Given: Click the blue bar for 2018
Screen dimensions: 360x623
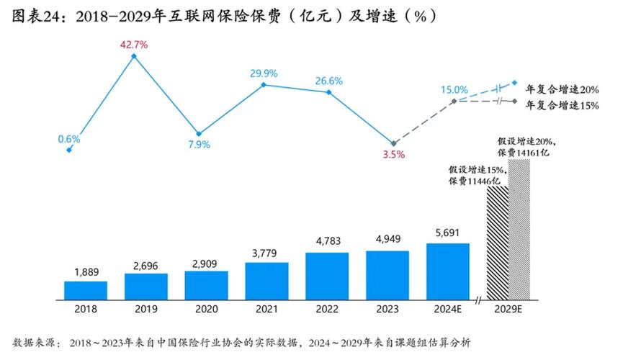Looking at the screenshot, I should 86,289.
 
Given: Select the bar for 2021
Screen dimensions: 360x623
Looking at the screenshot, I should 266,280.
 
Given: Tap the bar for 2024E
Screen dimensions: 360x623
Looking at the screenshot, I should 447,271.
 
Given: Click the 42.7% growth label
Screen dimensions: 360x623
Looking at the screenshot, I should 133,45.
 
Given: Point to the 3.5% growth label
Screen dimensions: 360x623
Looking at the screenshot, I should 393,154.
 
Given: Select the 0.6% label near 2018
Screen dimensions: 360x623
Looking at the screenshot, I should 69,139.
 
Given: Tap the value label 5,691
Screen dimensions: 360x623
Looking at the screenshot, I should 447,233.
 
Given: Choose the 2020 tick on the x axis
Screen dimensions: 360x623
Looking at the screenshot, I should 206,309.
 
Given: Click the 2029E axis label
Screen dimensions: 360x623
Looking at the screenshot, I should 508,309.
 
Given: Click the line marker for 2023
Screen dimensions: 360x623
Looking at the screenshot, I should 393,143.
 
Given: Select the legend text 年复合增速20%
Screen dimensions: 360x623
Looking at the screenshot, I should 563,90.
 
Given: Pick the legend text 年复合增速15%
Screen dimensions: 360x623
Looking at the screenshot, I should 563,105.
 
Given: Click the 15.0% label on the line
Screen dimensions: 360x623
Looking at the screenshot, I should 454,89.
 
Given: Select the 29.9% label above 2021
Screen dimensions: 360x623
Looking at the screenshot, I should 264,73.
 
